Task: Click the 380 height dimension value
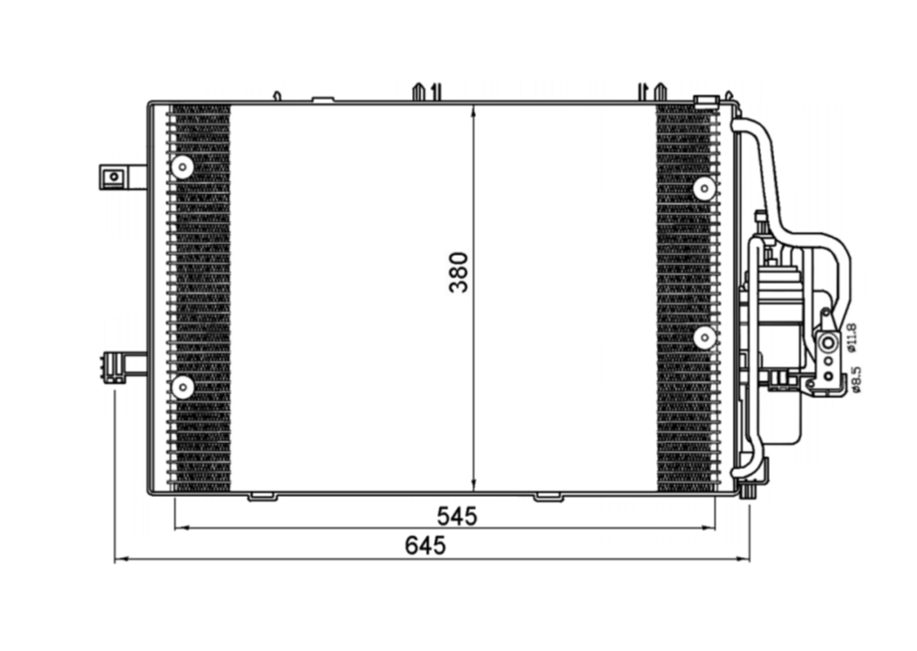pyautogui.click(x=459, y=271)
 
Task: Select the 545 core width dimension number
pyautogui.click(x=457, y=516)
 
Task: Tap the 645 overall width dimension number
pyautogui.click(x=425, y=546)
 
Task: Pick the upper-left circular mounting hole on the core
pyautogui.click(x=182, y=168)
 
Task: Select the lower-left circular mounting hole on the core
pyautogui.click(x=182, y=386)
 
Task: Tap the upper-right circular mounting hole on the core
pyautogui.click(x=704, y=188)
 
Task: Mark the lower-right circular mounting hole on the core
pyautogui.click(x=704, y=338)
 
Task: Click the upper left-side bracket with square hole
pyautogui.click(x=114, y=177)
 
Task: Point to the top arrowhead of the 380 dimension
pyautogui.click(x=473, y=107)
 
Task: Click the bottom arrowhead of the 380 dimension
pyautogui.click(x=473, y=487)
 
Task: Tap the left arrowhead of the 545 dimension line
pyautogui.click(x=180, y=528)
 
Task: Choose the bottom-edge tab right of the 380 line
pyautogui.click(x=548, y=496)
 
